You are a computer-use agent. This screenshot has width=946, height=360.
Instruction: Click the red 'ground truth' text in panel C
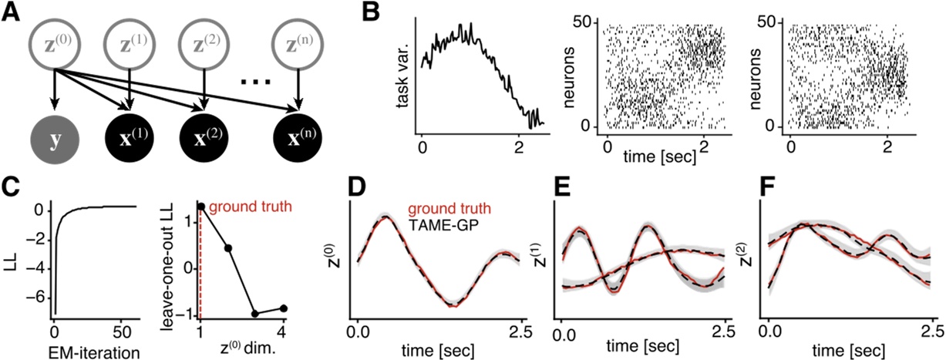coord(245,207)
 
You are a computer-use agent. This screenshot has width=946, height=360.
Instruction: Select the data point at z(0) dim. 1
coord(200,207)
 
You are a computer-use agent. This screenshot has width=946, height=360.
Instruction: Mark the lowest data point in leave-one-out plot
coord(255,314)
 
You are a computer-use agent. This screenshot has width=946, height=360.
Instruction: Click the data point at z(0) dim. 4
coord(283,308)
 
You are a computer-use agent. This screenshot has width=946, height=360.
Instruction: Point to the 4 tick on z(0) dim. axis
coord(283,335)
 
